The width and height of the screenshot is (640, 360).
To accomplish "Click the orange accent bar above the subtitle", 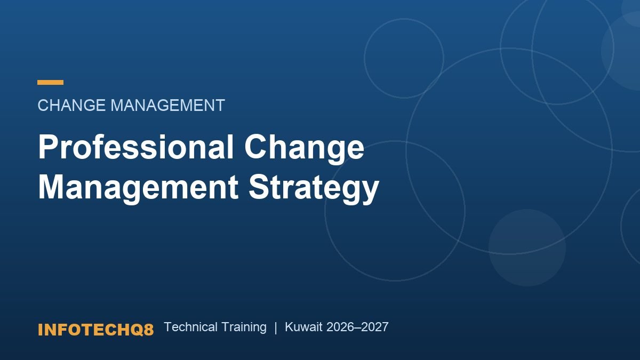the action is (50, 82).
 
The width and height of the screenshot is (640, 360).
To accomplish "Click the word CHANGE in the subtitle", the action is (71, 105).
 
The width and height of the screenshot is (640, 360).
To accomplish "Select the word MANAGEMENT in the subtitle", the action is (167, 105).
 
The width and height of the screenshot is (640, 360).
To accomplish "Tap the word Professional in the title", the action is (135, 146).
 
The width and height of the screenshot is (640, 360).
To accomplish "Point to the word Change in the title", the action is (305, 149).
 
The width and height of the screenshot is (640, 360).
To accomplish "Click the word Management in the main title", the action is (138, 189).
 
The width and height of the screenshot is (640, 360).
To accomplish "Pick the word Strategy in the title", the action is (314, 189).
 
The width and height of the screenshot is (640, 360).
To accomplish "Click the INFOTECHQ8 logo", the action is (95, 330).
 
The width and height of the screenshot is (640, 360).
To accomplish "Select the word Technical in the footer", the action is (190, 327).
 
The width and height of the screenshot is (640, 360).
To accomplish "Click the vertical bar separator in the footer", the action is (276, 327).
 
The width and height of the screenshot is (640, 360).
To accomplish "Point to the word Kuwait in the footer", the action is (303, 327).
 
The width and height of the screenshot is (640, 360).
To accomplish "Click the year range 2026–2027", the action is (357, 327).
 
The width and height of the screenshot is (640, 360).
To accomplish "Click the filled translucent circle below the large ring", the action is (527, 247).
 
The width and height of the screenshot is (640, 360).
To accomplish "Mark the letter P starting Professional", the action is (47, 146).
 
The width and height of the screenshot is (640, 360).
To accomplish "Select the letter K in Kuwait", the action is (289, 327).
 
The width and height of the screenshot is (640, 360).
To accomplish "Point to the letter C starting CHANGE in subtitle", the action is (43, 105).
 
